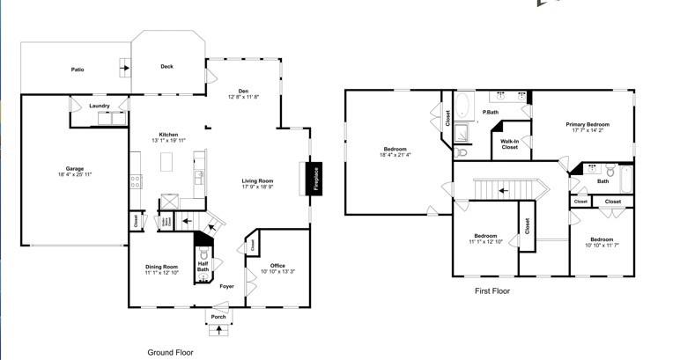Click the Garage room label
point(74,168)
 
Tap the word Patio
point(78,69)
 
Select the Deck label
point(166,66)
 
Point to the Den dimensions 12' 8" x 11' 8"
point(244,97)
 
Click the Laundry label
point(100,106)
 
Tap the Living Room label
point(258,181)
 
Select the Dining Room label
point(162,267)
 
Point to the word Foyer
point(227,286)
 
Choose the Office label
point(277,266)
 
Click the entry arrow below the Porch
point(218,331)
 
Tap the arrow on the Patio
point(125,67)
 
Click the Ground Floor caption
point(170,351)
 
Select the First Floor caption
point(492,290)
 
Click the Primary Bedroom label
point(588,125)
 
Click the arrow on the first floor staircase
point(503,189)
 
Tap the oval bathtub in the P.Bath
point(463,107)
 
